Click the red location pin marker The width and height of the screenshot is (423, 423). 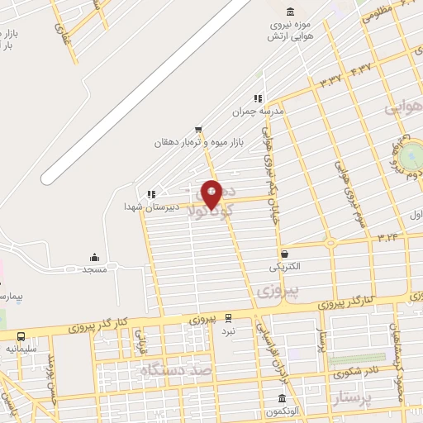point(211,193)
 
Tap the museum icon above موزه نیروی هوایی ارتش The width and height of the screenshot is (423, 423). point(289,11)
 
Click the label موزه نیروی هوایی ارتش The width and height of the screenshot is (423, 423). point(289,31)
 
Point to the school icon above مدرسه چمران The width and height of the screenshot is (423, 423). point(258,97)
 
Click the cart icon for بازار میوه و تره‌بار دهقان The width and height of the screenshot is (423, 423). point(198,129)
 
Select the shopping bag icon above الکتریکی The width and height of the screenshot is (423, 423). point(285,254)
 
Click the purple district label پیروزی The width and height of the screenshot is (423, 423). point(275,291)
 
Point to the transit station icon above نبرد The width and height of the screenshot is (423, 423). point(229,316)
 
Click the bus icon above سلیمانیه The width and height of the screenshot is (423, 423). point(21,336)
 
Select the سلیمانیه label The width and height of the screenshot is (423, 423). point(21,349)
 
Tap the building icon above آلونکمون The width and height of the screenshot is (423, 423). point(270,399)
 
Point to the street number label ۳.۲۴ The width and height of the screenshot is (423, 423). point(388,237)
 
